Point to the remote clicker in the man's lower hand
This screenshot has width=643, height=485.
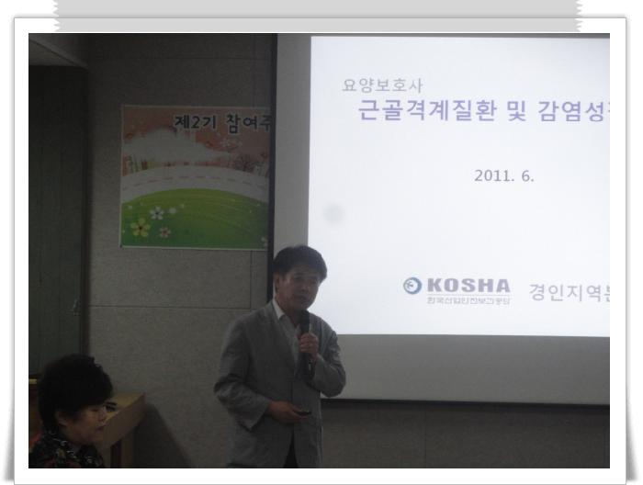coord(304,411)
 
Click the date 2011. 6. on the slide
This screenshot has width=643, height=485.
coord(504,175)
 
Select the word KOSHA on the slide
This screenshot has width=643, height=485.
coord(468,285)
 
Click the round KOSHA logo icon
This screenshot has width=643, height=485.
coord(412,286)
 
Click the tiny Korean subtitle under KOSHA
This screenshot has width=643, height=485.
coord(468,300)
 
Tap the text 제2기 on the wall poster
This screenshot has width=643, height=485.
coord(194,119)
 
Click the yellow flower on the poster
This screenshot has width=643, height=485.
coord(141,226)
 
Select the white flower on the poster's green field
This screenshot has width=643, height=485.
coord(157,213)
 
